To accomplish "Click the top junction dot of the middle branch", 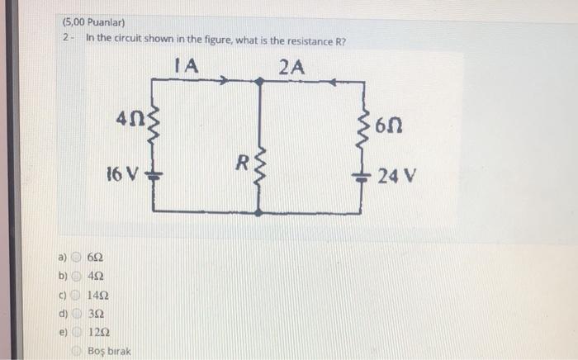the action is [x=261, y=81].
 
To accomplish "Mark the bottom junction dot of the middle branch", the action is [x=261, y=212].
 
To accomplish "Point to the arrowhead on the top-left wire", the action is [x=225, y=81].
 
